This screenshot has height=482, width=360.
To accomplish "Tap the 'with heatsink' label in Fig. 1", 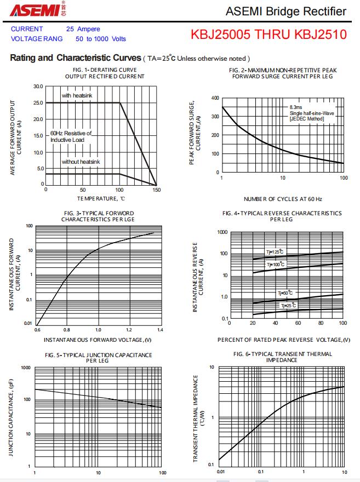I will coord(76,96).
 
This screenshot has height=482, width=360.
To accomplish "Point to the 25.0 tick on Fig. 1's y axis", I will coord(38,103).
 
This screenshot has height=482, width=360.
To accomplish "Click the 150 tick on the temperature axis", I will coord(157,190).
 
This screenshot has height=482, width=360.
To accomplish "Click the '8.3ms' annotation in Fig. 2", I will coord(296,107).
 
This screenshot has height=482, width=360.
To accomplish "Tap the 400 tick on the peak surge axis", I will coord(215,98).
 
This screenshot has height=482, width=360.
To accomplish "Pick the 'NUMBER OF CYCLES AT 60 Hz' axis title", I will coord(283,199).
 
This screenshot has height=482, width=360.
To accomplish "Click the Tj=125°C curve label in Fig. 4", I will coord(275,252).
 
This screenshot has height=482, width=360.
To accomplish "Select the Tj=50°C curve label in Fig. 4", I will coord(285,293).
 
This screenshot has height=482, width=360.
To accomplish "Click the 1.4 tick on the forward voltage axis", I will coord(160,330).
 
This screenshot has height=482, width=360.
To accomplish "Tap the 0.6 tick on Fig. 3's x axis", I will coord(37,330).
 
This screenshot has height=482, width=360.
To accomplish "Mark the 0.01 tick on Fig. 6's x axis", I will coord(220,472).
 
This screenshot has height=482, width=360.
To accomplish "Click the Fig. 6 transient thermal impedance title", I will coord(283,357).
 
